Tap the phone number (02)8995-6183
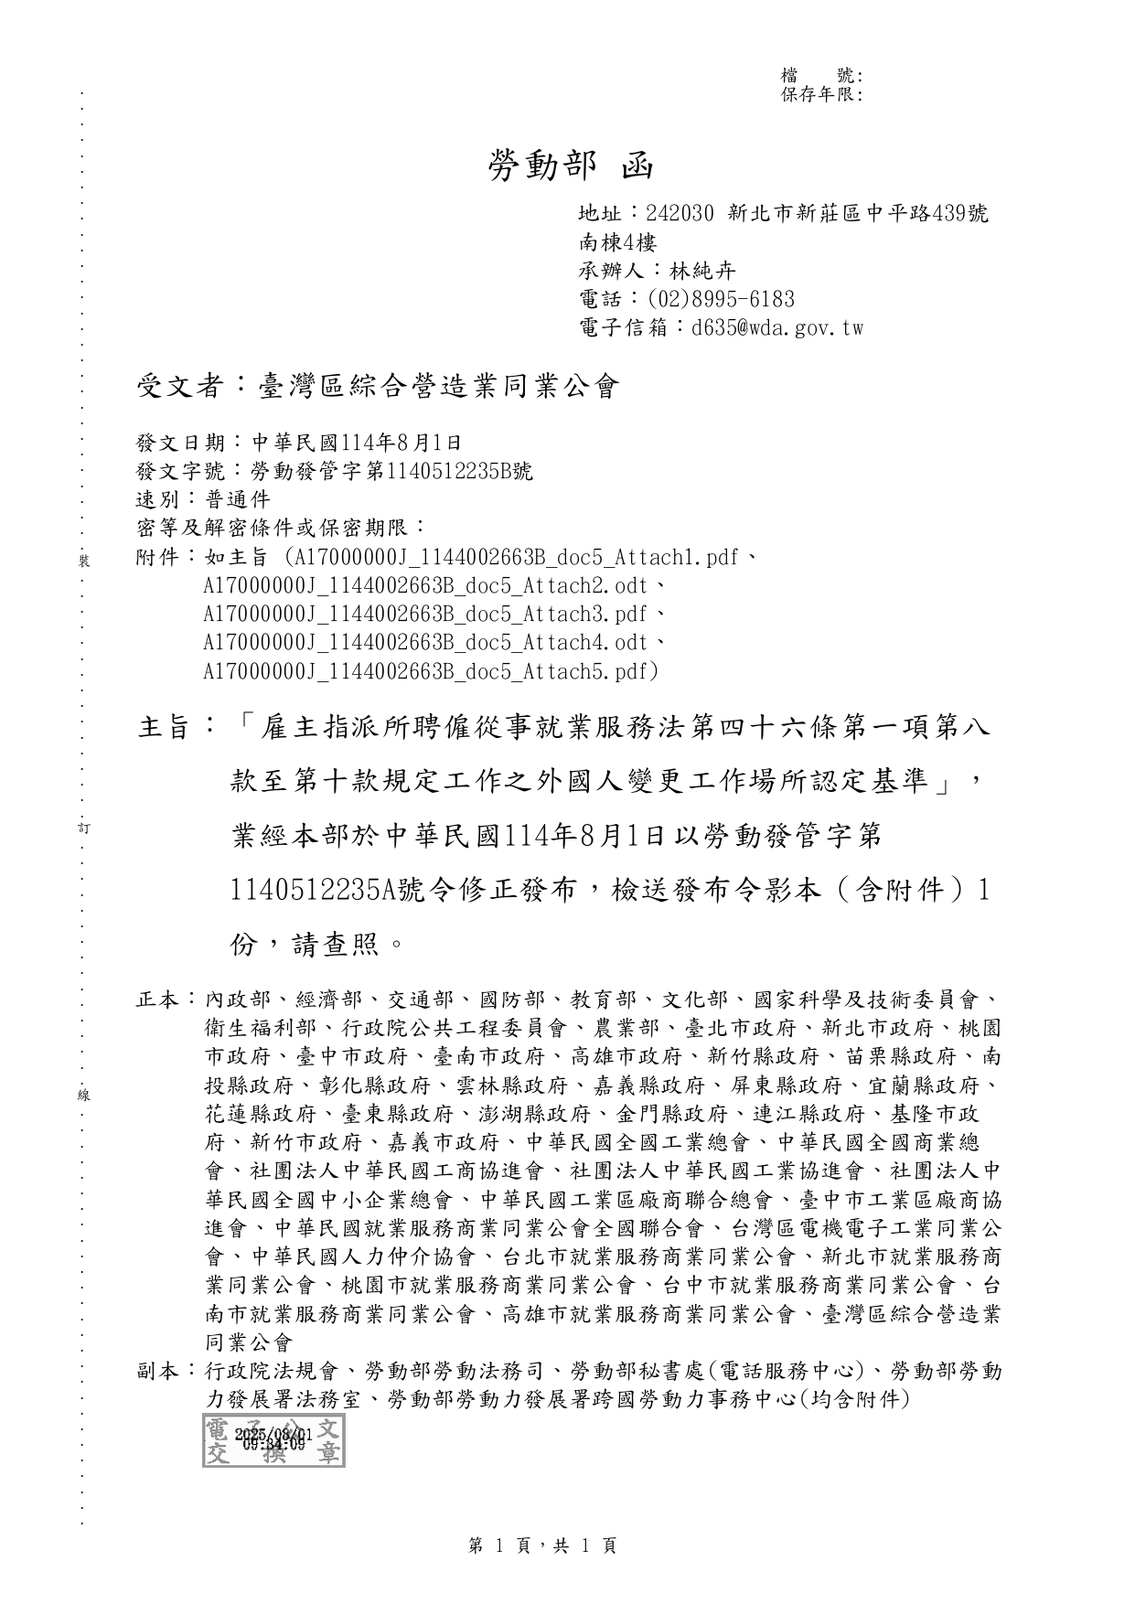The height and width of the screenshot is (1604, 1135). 721,299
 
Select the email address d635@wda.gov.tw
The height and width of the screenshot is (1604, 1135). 777,327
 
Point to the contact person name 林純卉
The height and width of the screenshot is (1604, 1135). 702,271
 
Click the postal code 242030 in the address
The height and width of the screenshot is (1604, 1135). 680,214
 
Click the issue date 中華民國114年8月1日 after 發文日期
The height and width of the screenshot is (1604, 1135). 357,444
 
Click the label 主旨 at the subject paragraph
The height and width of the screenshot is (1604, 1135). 165,728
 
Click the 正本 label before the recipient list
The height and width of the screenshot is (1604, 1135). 159,1000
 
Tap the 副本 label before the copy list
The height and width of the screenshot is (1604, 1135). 159,1372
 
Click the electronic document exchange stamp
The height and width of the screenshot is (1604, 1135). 273,1441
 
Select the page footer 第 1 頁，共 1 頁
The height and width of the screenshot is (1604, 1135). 542,1545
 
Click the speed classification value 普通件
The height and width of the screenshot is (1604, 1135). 237,500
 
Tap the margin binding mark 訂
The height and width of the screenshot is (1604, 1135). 84,829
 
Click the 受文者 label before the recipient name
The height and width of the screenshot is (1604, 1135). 180,387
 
